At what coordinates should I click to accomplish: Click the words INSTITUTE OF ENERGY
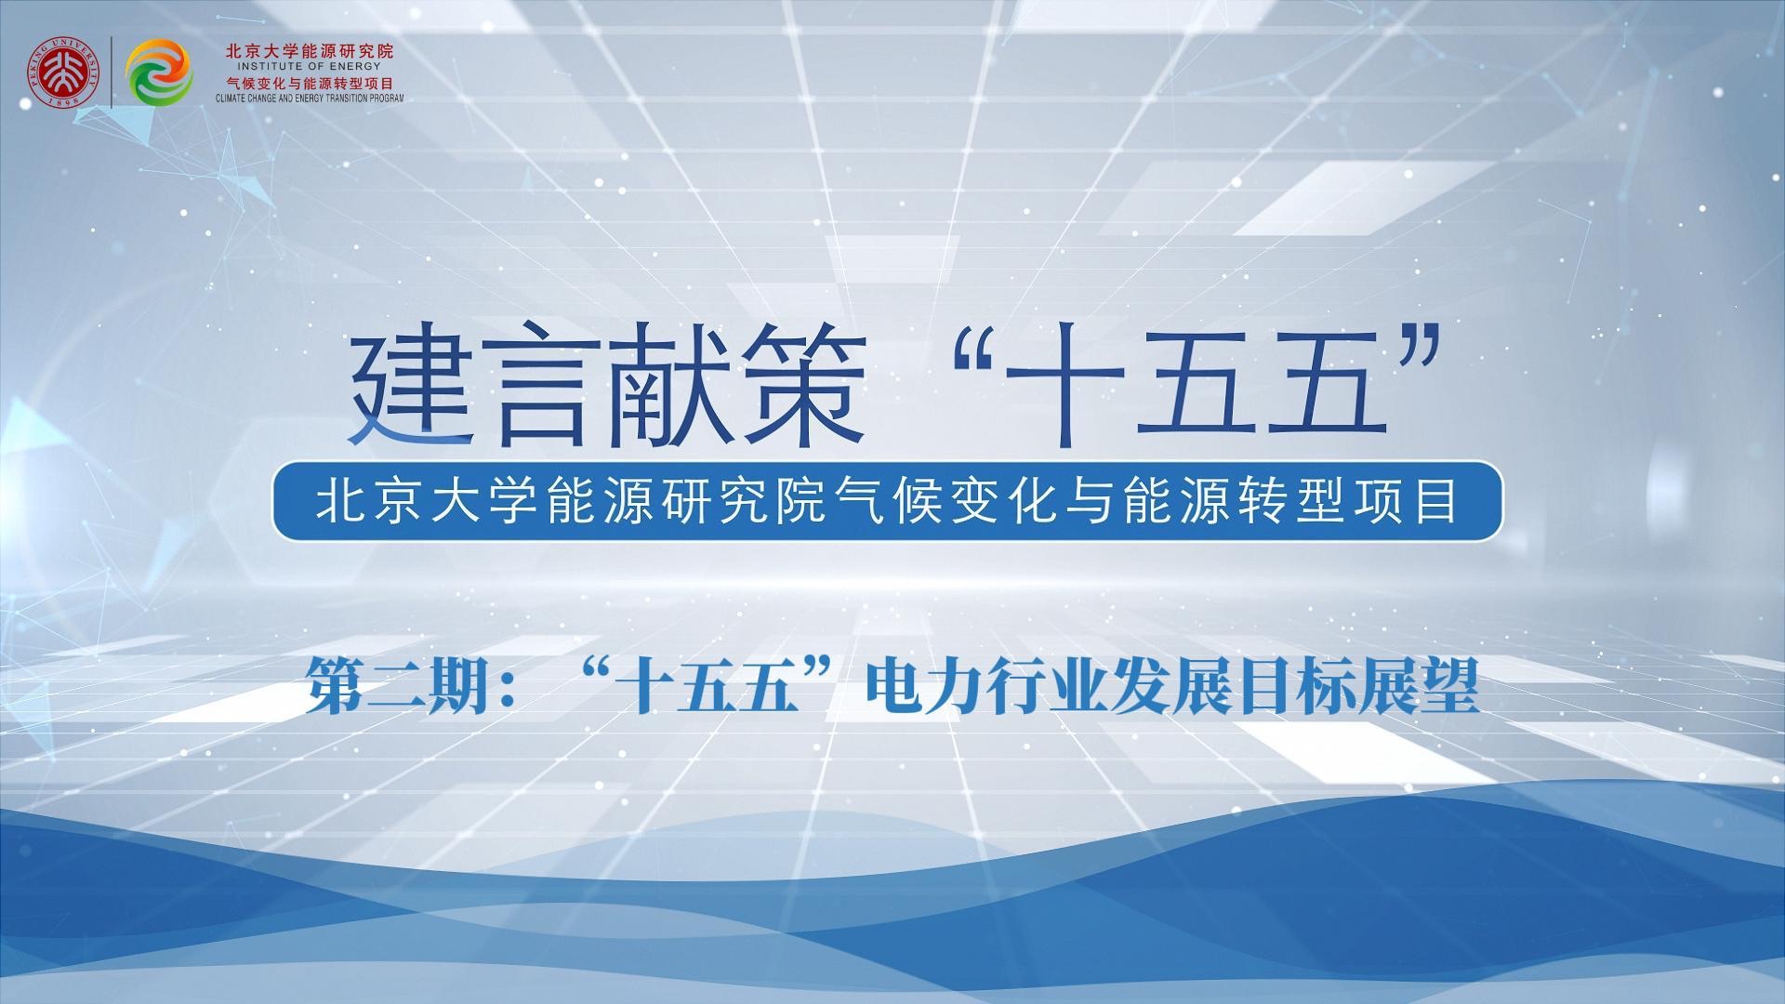tap(309, 67)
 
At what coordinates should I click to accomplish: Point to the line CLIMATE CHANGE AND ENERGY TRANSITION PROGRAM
tap(310, 97)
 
